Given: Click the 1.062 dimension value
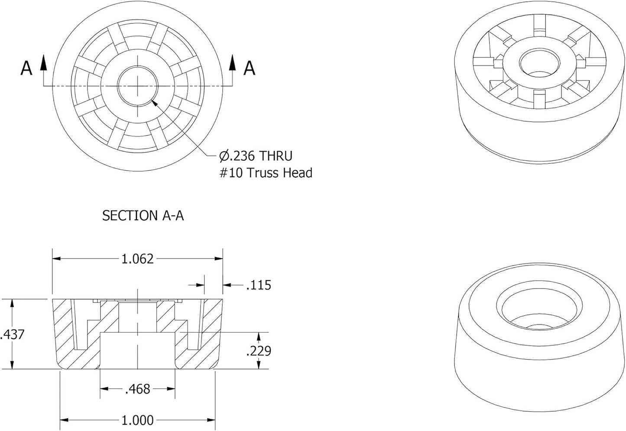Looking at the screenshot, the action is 137,259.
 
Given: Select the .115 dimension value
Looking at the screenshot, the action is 259,285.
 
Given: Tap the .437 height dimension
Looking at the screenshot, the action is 13,334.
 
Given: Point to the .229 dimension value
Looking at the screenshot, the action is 259,351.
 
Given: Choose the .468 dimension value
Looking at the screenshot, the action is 137,389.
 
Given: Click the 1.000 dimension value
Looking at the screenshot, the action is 137,420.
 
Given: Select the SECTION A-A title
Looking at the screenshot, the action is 143,216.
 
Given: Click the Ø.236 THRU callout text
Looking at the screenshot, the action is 256,156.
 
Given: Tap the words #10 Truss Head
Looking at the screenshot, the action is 266,173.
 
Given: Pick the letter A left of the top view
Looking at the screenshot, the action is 26,68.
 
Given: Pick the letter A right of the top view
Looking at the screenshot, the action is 249,68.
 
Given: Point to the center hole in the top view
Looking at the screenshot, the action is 138,86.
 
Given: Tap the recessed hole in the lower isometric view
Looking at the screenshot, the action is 539,311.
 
